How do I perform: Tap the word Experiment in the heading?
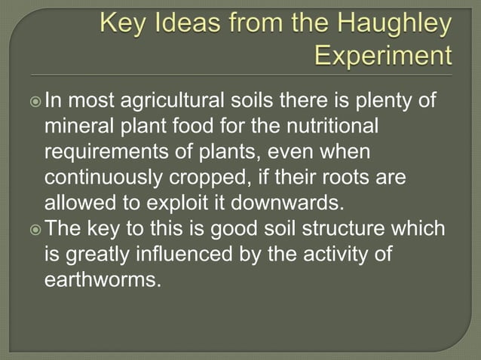pos(383,56)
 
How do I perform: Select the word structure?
pos(346,229)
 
